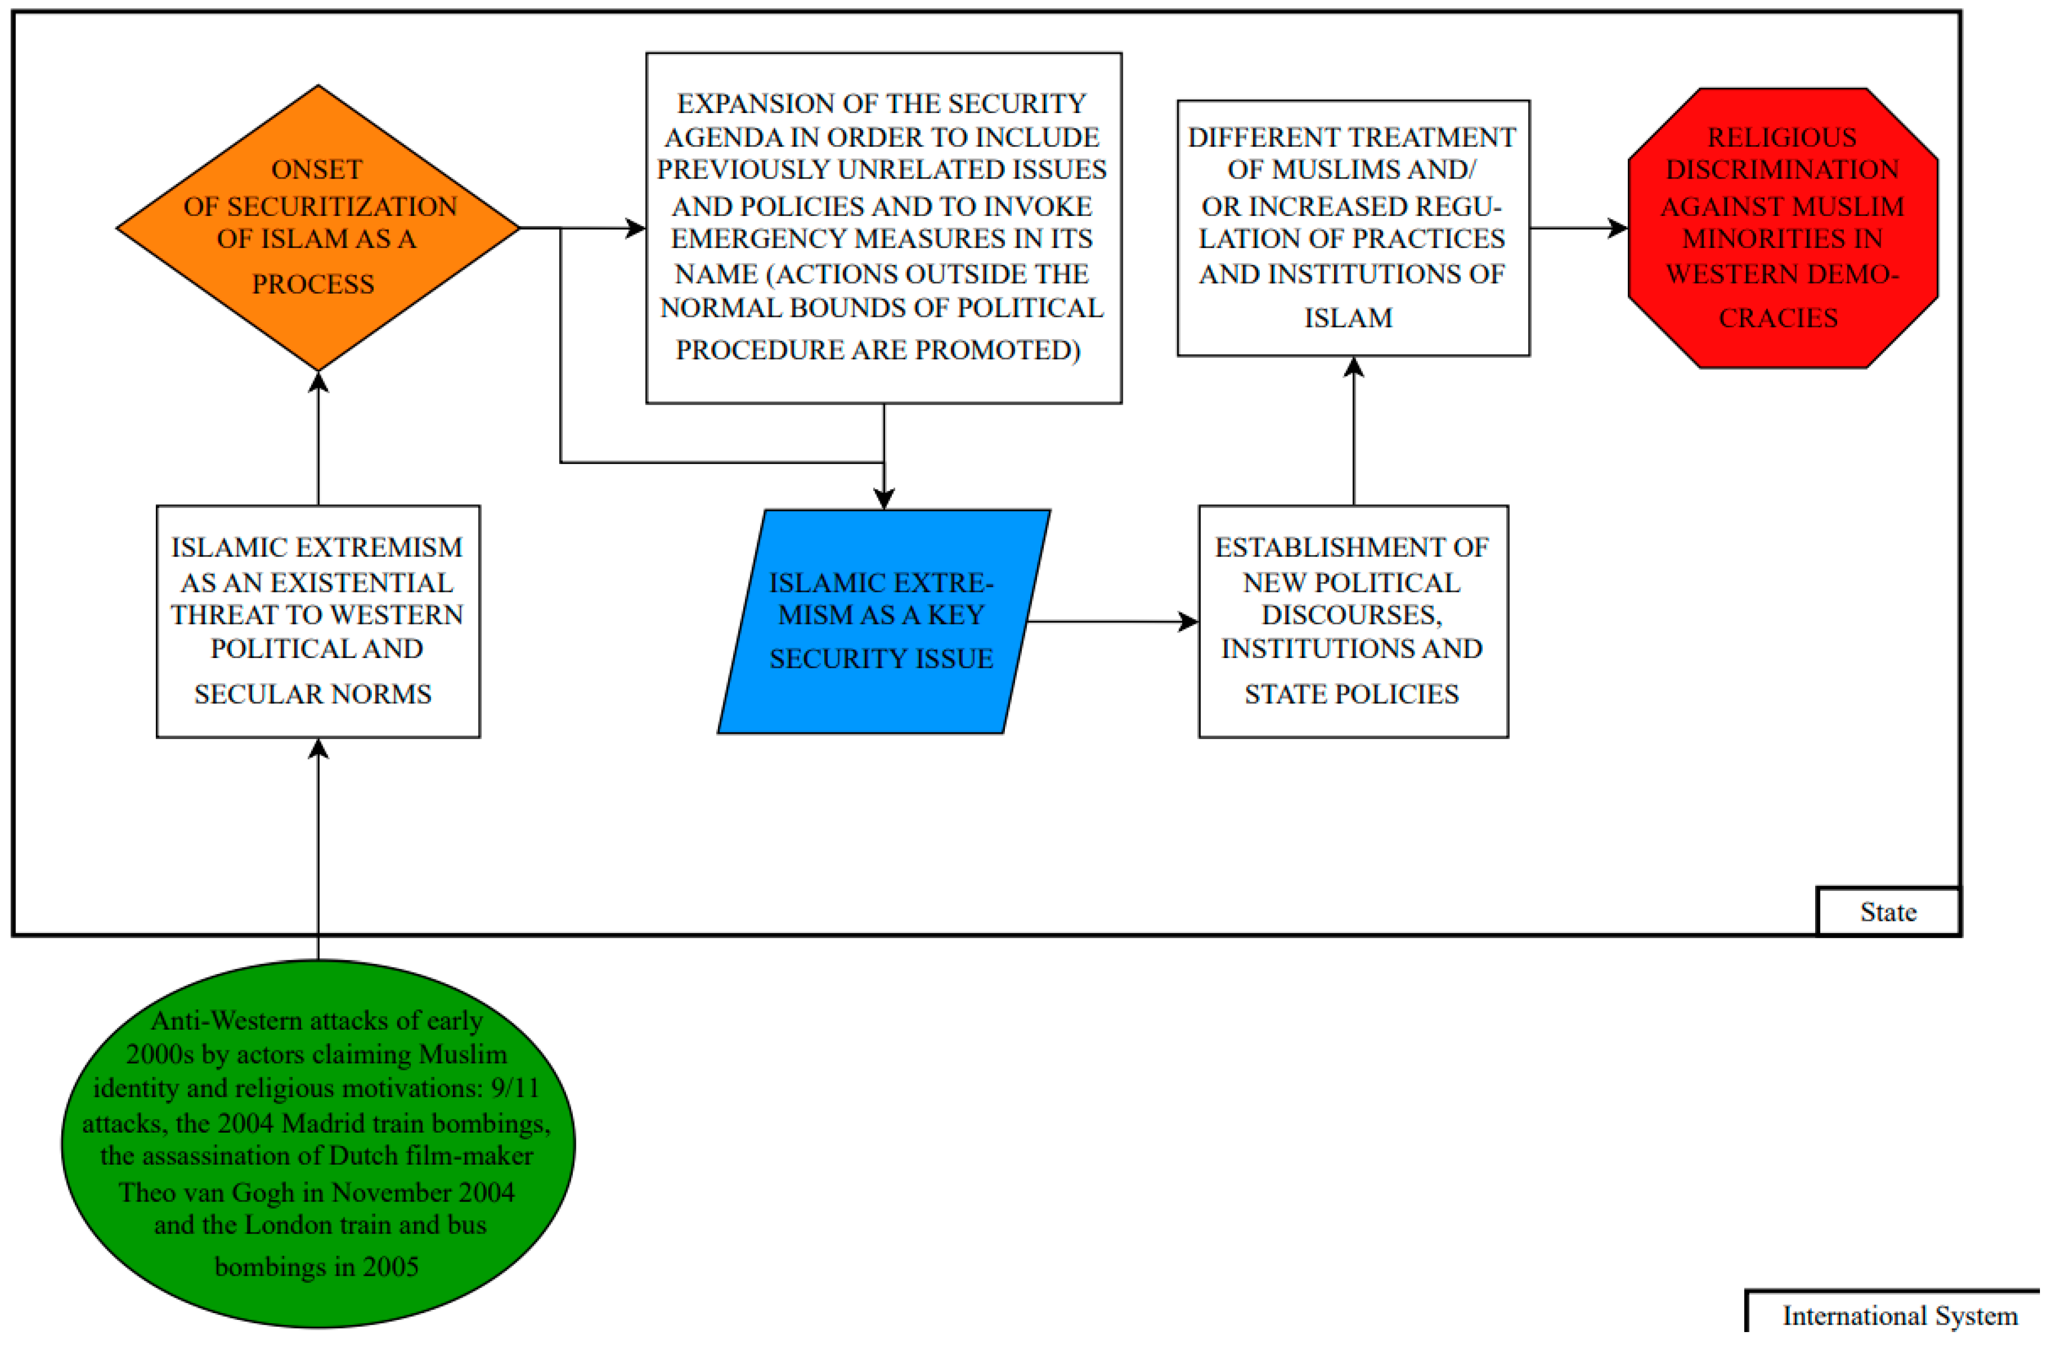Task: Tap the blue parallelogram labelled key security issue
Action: pos(883,622)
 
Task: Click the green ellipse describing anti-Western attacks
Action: pos(318,1144)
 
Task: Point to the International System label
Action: pos(1900,1316)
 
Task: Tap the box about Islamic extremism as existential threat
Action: pos(318,622)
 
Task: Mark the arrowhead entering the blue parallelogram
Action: pos(883,499)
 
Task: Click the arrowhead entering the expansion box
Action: pos(635,228)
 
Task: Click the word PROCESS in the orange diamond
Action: pos(313,284)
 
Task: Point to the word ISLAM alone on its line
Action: pos(1348,318)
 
